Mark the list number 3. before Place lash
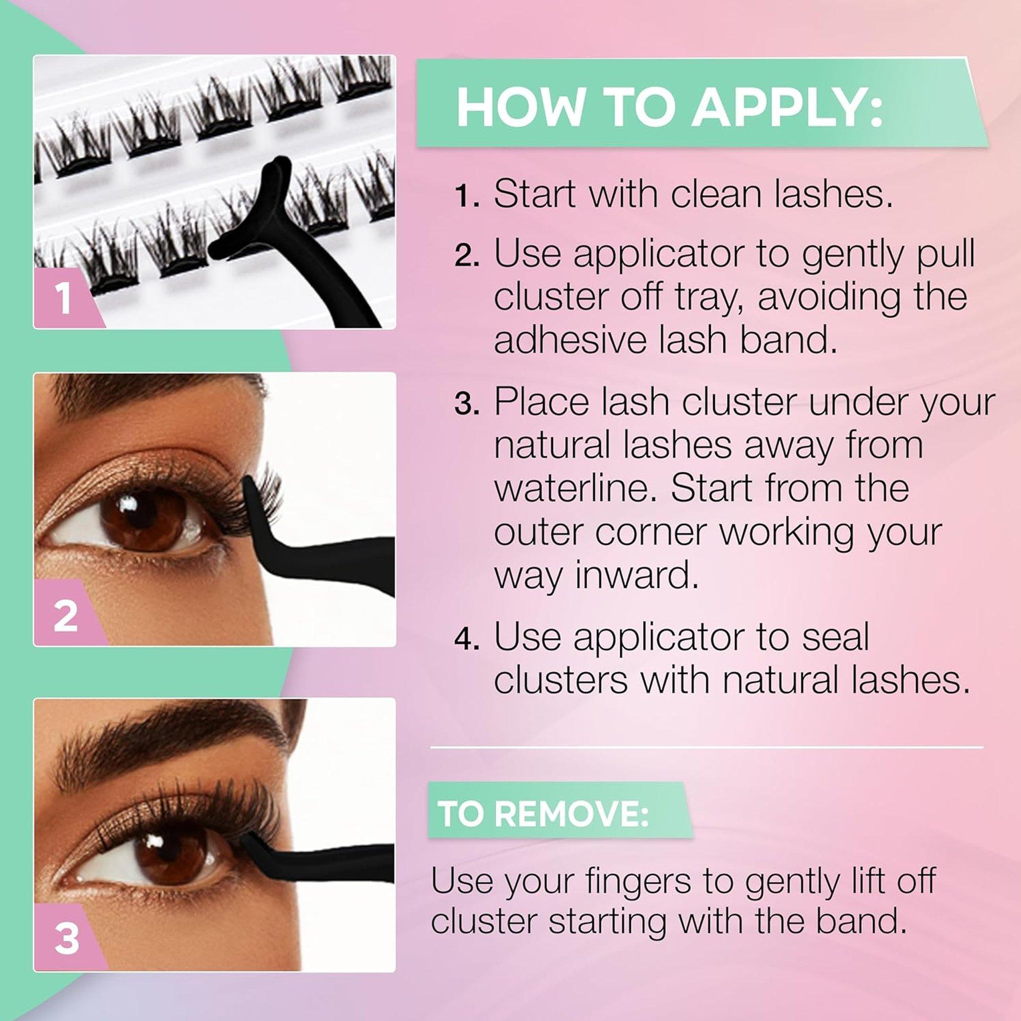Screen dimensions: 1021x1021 (x=466, y=404)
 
